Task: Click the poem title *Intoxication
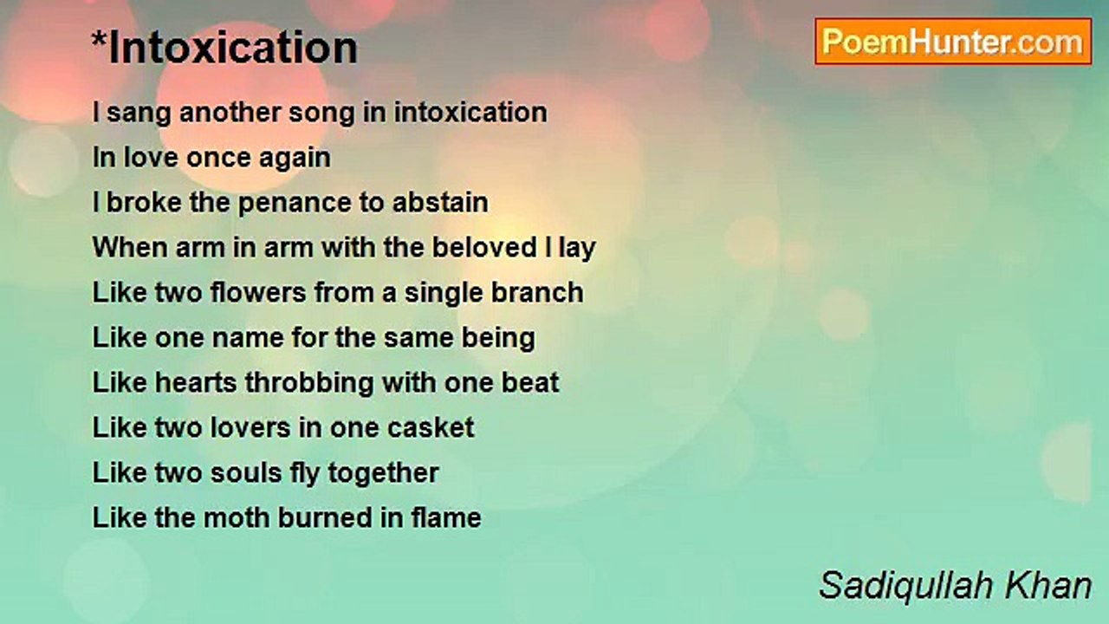point(224,48)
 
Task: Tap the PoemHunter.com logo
point(953,42)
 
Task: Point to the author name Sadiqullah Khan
point(955,586)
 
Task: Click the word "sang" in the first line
point(139,113)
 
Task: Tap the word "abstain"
point(440,203)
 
